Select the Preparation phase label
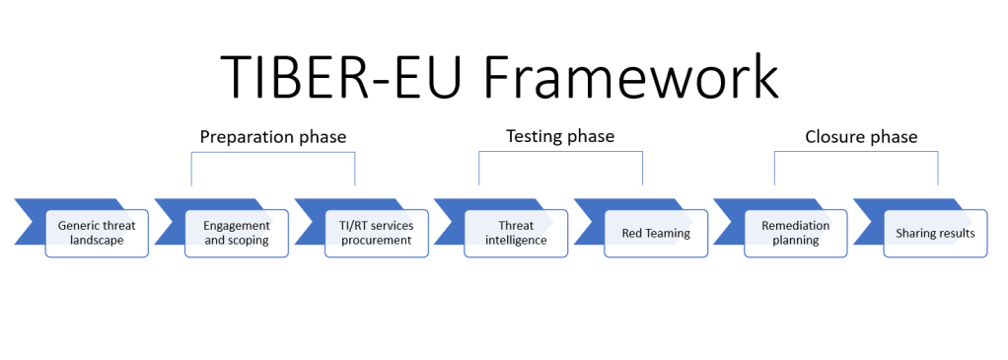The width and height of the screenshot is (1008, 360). tap(272, 136)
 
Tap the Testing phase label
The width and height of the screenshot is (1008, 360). tap(559, 136)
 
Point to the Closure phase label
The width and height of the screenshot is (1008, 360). tap(860, 136)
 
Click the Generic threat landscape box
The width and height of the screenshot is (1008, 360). tap(97, 233)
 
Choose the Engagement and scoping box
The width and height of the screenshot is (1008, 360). tap(237, 233)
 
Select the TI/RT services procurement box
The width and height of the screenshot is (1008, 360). tap(376, 233)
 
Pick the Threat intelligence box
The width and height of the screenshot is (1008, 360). tap(516, 233)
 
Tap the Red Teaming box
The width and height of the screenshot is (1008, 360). tap(656, 234)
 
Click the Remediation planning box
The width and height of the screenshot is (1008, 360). tap(795, 233)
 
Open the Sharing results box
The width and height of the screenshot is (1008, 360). tap(935, 234)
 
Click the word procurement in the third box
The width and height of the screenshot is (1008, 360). tap(376, 241)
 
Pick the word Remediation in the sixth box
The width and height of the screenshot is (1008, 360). tap(795, 226)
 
